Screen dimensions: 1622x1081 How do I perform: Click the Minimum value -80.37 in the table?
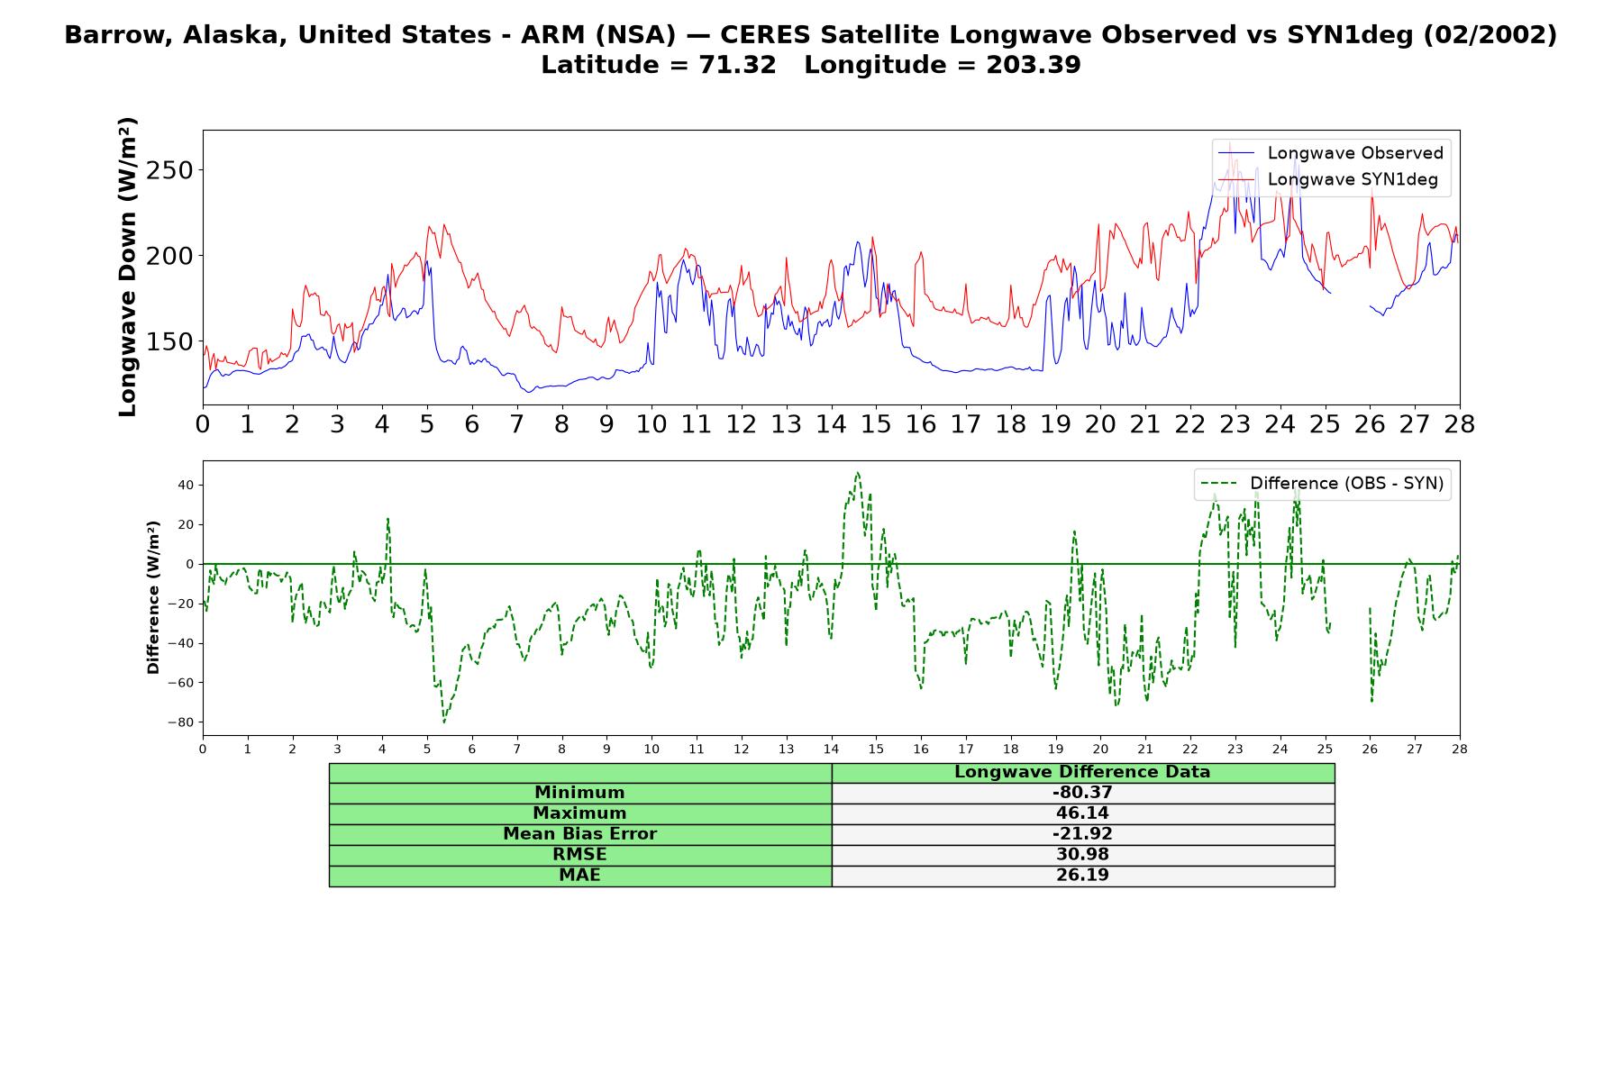(x=1082, y=793)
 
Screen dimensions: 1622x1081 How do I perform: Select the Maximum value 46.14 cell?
(x=1082, y=813)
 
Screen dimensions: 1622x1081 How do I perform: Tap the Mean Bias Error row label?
(x=579, y=834)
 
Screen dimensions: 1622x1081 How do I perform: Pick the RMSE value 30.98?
(x=1082, y=855)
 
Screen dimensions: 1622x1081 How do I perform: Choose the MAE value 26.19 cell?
(x=1082, y=876)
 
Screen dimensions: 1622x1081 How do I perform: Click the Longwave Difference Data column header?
(x=1082, y=772)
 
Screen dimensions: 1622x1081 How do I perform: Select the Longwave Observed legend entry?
(x=1331, y=153)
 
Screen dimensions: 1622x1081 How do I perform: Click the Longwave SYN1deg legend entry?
(x=1328, y=179)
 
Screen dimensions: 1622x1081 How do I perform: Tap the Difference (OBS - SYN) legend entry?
(x=1323, y=484)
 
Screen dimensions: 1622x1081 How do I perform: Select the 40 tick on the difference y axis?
(x=186, y=485)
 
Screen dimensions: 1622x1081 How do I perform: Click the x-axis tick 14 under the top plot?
(x=831, y=423)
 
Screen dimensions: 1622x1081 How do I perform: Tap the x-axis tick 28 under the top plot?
(x=1460, y=423)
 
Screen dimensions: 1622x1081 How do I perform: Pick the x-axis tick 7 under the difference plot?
(x=517, y=749)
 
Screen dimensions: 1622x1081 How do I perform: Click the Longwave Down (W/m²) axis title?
(x=128, y=267)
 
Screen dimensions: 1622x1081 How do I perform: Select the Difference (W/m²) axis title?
(x=153, y=597)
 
